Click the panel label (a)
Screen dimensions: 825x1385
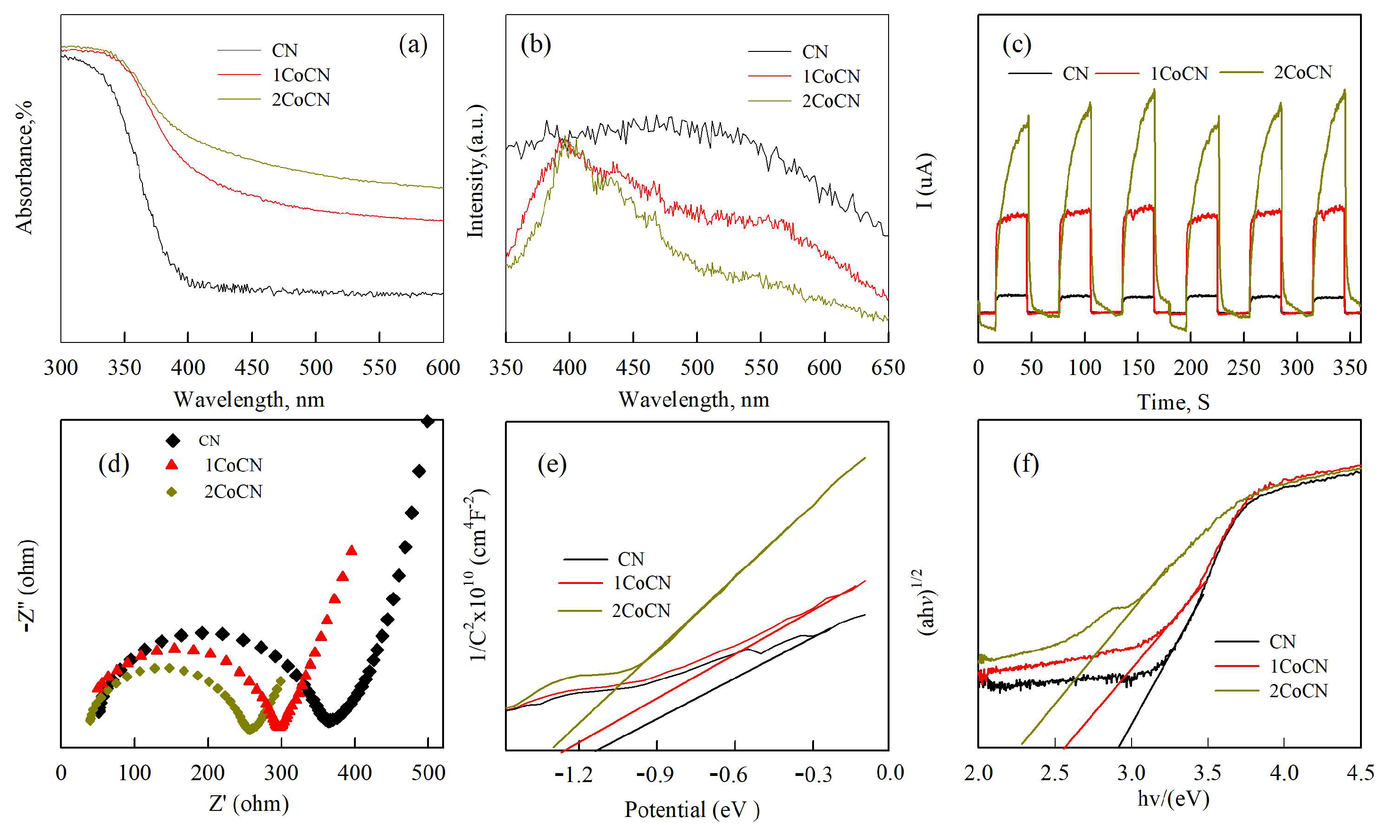point(412,44)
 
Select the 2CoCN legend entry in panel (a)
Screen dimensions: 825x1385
point(300,100)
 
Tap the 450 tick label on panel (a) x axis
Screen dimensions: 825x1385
point(252,367)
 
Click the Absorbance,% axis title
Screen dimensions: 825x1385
point(25,167)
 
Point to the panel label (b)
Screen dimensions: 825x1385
point(536,44)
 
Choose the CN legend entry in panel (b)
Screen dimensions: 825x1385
point(814,52)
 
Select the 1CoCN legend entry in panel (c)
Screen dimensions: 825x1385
point(1178,74)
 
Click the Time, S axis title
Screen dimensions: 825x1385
point(1173,402)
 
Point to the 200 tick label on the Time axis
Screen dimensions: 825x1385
point(1191,367)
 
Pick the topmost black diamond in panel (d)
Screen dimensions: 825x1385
point(428,421)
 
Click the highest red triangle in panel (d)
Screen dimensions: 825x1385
point(352,550)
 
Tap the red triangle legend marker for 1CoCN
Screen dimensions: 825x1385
point(172,465)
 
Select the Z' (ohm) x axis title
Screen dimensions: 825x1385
point(249,803)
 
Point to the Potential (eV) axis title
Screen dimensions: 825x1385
point(692,809)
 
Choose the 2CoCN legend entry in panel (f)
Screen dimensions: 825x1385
point(1298,691)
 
